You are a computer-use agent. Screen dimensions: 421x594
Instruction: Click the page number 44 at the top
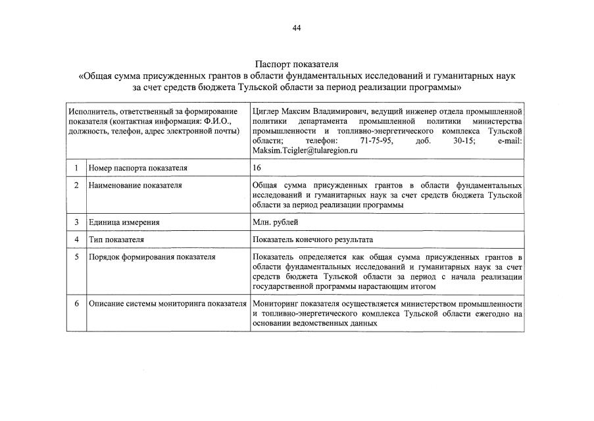point(297,28)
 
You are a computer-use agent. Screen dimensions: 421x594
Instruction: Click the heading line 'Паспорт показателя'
point(297,64)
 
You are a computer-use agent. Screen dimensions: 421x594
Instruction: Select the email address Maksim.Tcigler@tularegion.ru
point(305,151)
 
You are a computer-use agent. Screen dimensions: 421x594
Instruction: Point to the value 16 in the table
point(257,168)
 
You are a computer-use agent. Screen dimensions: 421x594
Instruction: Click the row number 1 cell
point(76,168)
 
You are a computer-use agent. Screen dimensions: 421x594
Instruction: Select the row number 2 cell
point(76,186)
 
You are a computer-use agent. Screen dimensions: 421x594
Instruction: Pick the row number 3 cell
point(76,222)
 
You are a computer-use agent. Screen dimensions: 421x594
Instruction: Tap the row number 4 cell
point(76,239)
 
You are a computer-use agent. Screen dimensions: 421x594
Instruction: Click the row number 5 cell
point(76,257)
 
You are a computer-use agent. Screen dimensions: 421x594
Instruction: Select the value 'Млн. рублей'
point(275,222)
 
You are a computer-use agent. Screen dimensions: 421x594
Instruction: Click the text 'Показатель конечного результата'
point(317,239)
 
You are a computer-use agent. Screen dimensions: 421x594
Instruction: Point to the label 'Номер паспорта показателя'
point(137,168)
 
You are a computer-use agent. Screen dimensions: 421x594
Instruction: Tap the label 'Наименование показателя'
point(136,186)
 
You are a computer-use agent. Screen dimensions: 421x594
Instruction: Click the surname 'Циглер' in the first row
point(267,111)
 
